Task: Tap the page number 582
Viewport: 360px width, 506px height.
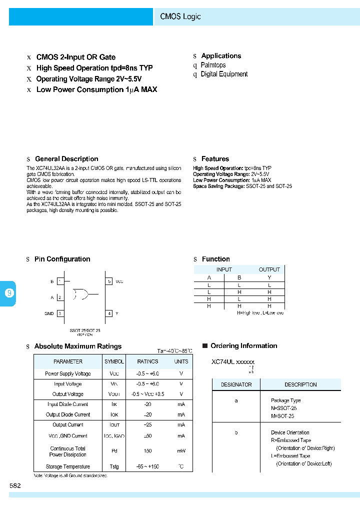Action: [x=15, y=485]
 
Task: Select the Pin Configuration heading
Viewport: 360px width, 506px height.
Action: [x=62, y=259]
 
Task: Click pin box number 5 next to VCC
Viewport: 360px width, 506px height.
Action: [x=109, y=281]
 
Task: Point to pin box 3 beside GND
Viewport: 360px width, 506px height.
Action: [x=60, y=313]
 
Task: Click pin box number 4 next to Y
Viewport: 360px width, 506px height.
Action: [x=109, y=313]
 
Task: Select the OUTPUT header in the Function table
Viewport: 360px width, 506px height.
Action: [x=269, y=269]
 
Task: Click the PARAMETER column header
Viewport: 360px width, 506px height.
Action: [x=68, y=361]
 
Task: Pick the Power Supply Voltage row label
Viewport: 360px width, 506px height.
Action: [x=68, y=373]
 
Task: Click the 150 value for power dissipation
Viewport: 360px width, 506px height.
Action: [x=147, y=451]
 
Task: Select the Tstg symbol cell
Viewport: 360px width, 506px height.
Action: [x=114, y=466]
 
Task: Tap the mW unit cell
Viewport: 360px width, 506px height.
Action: [x=181, y=451]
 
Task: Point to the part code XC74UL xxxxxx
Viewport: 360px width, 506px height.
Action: [x=233, y=361]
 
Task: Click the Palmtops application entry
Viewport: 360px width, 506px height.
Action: [x=213, y=65]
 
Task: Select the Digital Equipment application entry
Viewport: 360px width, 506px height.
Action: [x=224, y=74]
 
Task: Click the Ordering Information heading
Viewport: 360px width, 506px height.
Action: [x=243, y=346]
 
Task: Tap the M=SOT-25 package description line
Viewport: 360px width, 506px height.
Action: [x=282, y=416]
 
